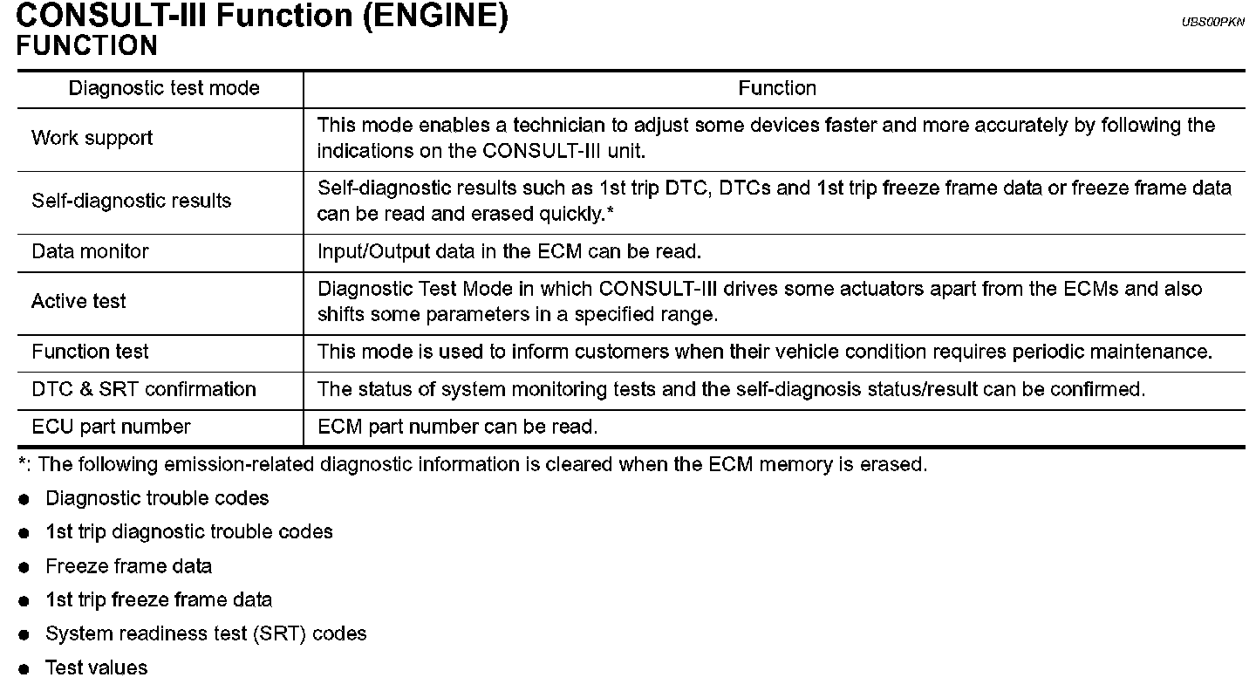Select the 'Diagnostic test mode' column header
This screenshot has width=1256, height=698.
164,88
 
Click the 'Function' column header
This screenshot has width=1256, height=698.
776,88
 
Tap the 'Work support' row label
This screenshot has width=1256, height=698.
92,138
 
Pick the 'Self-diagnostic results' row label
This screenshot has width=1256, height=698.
131,201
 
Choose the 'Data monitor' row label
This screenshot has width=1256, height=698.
90,251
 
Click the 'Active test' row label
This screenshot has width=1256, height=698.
78,301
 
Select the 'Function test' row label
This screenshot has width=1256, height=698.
90,352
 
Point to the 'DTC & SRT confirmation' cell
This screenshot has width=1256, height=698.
144,389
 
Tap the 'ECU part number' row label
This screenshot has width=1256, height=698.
111,427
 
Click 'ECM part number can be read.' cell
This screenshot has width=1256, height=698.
458,427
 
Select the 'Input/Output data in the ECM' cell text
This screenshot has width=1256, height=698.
509,251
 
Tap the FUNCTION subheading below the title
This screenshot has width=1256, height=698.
86,45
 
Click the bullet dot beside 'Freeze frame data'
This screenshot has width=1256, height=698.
24,567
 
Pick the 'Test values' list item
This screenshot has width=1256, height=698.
97,667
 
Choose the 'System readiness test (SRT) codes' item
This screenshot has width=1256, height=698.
206,633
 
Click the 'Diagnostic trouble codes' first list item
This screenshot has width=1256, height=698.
157,498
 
